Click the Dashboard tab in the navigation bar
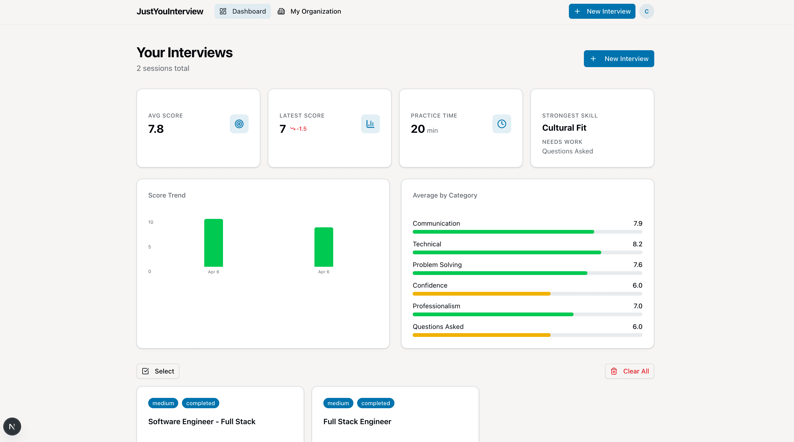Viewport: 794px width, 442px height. click(242, 11)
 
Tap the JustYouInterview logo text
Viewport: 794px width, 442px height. click(170, 11)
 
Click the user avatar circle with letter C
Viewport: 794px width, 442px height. click(646, 11)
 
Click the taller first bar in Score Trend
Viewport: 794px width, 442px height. click(213, 243)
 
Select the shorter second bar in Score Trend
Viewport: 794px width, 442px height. click(324, 247)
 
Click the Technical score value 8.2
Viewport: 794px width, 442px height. click(637, 244)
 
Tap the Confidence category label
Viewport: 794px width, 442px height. click(430, 285)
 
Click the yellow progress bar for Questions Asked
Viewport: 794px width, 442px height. click(481, 335)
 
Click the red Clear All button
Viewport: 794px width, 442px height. click(629, 371)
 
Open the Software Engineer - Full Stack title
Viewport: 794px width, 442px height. click(202, 422)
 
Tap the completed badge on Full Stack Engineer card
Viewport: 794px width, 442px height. click(375, 403)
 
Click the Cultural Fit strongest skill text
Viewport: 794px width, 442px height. click(564, 128)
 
